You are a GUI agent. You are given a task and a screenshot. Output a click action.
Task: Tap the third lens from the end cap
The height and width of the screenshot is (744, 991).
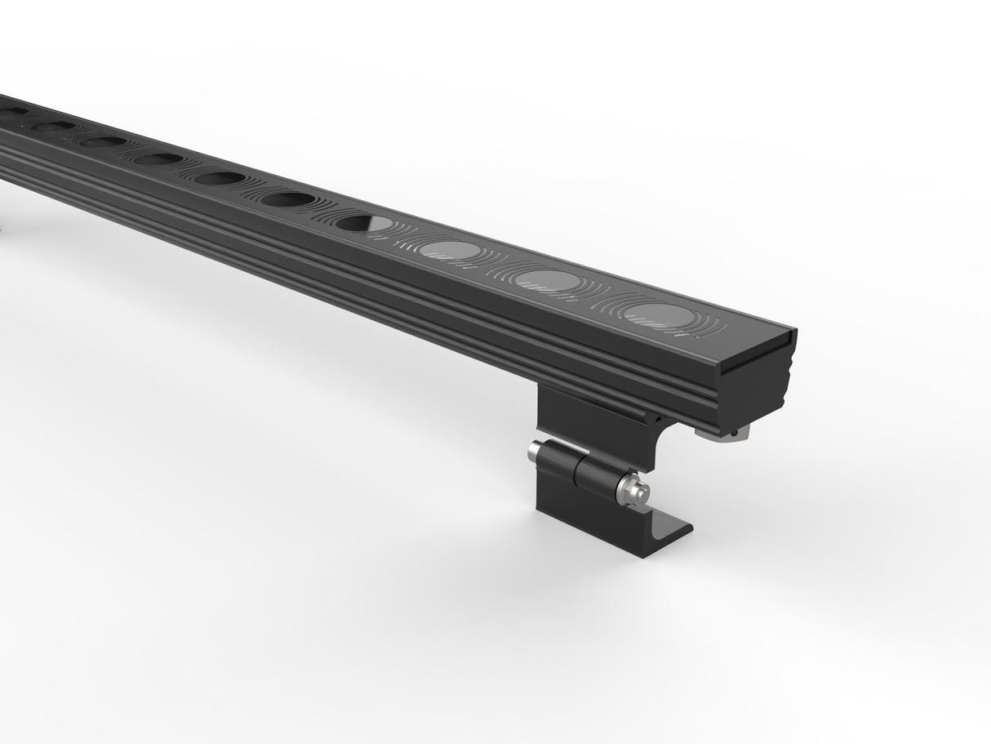click(452, 249)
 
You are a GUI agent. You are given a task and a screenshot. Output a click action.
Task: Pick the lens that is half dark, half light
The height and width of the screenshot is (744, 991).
click(364, 222)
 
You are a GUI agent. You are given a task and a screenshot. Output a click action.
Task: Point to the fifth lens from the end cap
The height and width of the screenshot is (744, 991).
click(289, 198)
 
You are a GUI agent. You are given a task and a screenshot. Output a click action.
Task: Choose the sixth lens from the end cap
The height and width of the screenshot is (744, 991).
click(220, 177)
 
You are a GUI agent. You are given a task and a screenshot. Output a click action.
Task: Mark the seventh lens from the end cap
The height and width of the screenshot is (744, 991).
click(158, 158)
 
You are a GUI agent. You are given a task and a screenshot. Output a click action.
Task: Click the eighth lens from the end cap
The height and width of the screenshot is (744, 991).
click(104, 141)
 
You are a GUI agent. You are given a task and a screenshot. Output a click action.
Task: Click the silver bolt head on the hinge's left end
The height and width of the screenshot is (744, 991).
click(535, 451)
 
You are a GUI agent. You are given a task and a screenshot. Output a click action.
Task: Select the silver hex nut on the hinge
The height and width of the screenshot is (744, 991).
click(633, 490)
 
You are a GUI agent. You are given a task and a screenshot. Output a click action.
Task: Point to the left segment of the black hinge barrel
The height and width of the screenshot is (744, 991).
click(558, 460)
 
